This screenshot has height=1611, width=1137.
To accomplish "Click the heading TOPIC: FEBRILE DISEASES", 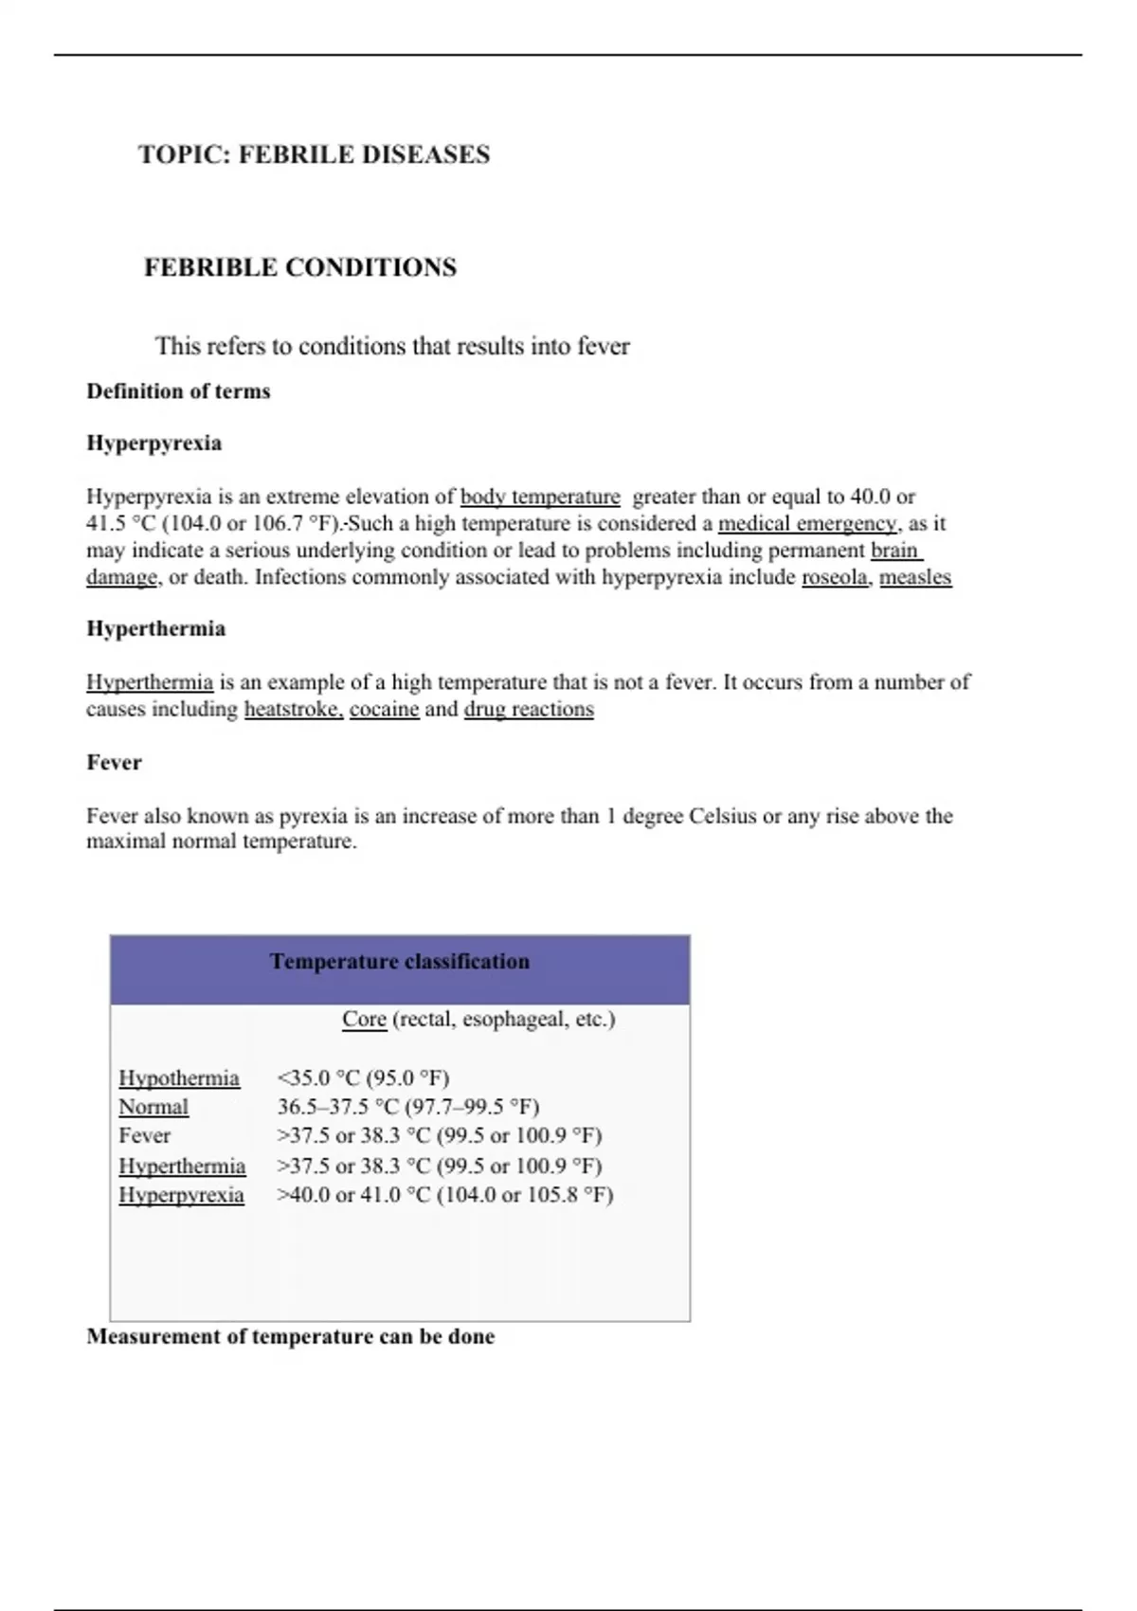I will coord(314,154).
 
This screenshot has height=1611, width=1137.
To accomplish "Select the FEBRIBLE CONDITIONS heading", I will coord(299,267).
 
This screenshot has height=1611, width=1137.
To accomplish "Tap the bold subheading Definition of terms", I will coord(178,391).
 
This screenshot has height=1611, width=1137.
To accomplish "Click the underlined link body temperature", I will coord(540,497).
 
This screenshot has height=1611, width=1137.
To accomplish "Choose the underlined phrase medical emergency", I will coord(807,523).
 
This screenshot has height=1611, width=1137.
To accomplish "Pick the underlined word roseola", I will coord(835,577).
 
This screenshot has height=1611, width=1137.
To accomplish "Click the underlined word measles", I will coord(915,577).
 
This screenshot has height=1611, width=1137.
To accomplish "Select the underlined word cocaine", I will coord(384,709).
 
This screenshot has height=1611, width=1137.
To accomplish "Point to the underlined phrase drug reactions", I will coord(529,709).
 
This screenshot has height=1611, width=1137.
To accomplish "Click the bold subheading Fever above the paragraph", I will coord(114,763).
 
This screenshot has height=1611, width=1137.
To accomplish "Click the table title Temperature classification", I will coord(400,962).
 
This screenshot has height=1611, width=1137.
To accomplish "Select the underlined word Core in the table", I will coord(364,1020).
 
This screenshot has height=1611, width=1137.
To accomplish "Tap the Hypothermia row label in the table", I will coord(179,1078).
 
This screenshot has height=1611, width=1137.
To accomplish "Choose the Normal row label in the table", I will coord(153,1107).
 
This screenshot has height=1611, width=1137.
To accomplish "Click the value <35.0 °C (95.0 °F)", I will coord(364,1078).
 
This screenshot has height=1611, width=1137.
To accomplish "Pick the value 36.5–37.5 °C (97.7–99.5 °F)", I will coord(408,1107).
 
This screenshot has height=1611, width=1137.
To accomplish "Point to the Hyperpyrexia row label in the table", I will coord(181,1195).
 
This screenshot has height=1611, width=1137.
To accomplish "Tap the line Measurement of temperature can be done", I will coord(291,1337).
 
